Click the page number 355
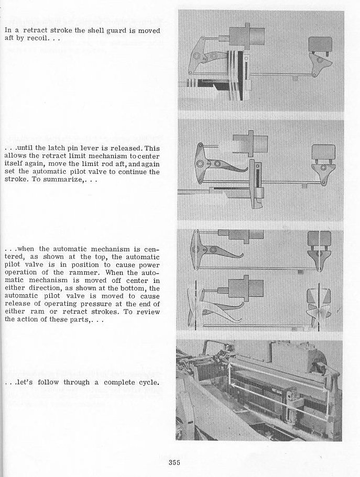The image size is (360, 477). pyautogui.click(x=174, y=462)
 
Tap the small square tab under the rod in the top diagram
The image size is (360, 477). pyautogui.click(x=295, y=78)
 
